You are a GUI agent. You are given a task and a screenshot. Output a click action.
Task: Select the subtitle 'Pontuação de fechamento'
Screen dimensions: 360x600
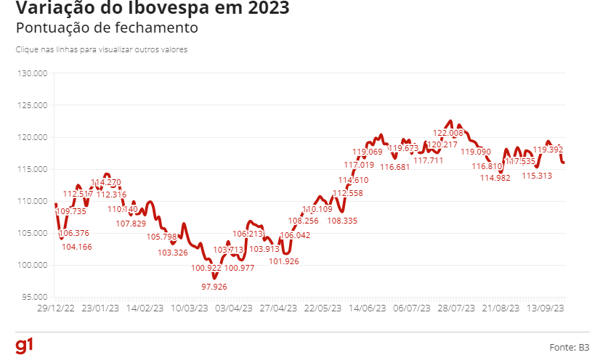click(x=106, y=28)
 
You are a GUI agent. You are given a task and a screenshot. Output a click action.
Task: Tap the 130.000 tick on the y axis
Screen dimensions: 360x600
click(x=33, y=73)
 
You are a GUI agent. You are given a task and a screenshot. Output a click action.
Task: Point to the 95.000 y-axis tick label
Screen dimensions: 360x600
click(x=34, y=297)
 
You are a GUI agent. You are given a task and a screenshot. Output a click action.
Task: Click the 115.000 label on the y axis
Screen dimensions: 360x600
click(x=33, y=169)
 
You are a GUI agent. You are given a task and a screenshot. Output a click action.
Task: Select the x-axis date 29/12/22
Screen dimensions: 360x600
click(x=54, y=308)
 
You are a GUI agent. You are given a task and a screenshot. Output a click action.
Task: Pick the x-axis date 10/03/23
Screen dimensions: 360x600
click(x=189, y=308)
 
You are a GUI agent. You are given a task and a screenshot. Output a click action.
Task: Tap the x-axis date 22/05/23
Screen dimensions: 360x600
click(x=323, y=308)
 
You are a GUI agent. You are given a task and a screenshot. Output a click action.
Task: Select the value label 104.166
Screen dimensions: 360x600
click(x=76, y=247)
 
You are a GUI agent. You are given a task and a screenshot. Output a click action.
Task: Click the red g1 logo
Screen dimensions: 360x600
click(x=24, y=345)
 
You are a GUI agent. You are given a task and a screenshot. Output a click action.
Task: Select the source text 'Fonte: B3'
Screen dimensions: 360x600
click(x=569, y=348)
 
